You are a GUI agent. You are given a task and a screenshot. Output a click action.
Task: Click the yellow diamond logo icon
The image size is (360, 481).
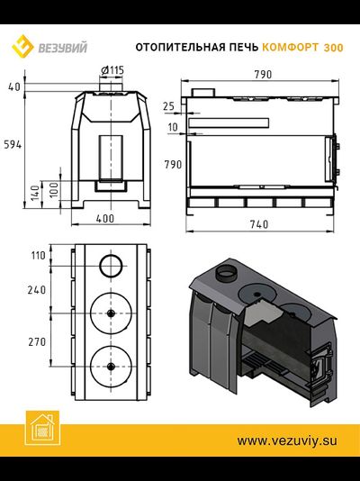[22, 46]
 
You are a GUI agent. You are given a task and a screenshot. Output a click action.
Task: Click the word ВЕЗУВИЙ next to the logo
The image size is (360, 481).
[62, 48]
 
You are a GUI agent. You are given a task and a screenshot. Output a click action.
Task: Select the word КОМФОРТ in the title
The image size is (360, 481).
[291, 48]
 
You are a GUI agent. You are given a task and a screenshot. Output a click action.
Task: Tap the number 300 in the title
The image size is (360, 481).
[334, 48]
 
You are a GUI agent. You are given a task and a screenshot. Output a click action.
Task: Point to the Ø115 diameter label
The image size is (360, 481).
[112, 70]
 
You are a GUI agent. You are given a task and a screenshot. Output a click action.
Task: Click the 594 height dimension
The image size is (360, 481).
[13, 144]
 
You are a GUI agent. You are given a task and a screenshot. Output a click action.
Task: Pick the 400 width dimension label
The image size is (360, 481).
[105, 219]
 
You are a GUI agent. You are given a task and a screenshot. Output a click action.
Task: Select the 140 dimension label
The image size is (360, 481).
[36, 193]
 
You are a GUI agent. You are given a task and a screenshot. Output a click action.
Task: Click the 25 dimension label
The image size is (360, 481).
[168, 106]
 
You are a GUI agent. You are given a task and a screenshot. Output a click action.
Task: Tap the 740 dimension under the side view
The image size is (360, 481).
[259, 224]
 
